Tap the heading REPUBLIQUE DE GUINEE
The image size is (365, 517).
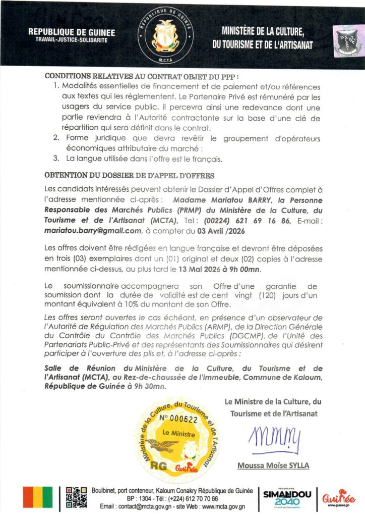point(72,32)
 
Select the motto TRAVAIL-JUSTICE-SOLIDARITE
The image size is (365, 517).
point(72,40)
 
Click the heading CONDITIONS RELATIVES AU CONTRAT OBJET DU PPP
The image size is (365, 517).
point(142,76)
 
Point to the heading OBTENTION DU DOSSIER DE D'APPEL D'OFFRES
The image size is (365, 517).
point(130,176)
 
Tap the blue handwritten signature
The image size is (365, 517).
point(275,437)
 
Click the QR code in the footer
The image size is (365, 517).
point(76,497)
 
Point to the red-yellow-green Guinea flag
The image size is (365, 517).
point(38,497)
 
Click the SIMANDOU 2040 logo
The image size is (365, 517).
point(287,497)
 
